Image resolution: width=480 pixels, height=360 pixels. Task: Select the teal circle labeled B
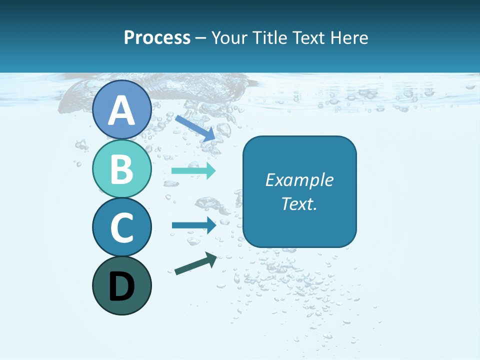pyautogui.click(x=121, y=168)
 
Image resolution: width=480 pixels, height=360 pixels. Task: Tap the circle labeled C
pyautogui.click(x=121, y=227)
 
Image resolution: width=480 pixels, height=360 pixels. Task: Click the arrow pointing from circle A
pyautogui.click(x=195, y=127)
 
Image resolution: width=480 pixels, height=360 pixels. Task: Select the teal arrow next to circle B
pyautogui.click(x=193, y=171)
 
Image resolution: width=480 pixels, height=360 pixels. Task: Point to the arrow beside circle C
pyautogui.click(x=194, y=225)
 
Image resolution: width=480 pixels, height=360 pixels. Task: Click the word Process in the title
pyautogui.click(x=157, y=37)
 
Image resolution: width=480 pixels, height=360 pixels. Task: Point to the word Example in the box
pyautogui.click(x=299, y=180)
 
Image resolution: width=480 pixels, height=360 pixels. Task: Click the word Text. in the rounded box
pyautogui.click(x=299, y=203)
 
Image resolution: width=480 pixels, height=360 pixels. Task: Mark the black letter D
pyautogui.click(x=121, y=286)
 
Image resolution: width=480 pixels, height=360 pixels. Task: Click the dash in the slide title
pyautogui.click(x=201, y=38)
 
